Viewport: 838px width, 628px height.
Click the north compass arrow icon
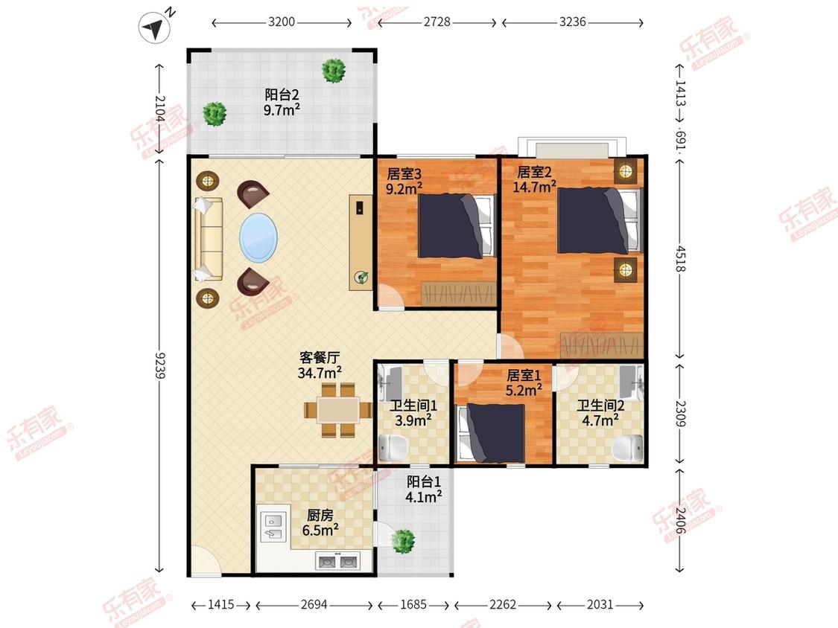click(154, 27)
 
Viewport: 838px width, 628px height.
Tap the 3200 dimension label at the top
click(282, 22)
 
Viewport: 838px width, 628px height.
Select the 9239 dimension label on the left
click(159, 365)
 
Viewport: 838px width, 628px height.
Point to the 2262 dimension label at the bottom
click(503, 604)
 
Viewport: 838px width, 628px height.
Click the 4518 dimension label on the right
click(680, 258)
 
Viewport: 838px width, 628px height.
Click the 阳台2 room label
click(282, 95)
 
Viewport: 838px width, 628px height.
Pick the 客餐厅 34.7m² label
click(320, 365)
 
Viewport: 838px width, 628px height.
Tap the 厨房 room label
click(320, 515)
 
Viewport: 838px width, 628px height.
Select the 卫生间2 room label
click(600, 406)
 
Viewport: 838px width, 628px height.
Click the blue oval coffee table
click(258, 237)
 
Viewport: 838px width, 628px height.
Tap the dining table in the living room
click(338, 410)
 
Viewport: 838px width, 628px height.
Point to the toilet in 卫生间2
click(627, 447)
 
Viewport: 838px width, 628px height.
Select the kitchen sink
click(273, 527)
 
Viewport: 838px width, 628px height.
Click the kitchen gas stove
click(337, 562)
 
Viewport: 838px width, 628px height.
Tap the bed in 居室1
click(491, 433)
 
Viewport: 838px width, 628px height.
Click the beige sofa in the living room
click(209, 239)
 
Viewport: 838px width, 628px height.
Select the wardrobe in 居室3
click(459, 293)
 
